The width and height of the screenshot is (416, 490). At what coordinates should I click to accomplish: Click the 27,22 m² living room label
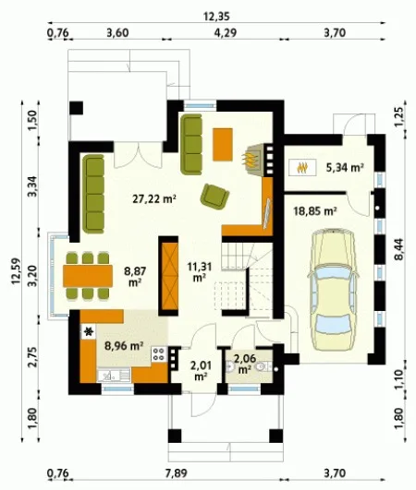click(154, 198)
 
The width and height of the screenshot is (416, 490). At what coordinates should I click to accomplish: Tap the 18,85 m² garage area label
click(315, 211)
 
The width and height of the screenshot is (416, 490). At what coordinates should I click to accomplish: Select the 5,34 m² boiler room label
click(345, 168)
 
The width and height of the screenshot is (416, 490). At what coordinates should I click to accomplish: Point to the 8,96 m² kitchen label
click(124, 346)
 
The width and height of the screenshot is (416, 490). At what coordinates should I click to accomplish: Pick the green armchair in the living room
click(215, 197)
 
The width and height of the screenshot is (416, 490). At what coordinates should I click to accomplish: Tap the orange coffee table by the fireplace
click(223, 144)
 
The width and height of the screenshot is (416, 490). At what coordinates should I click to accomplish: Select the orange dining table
click(88, 276)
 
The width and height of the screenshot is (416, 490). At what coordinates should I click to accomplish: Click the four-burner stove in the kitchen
click(159, 354)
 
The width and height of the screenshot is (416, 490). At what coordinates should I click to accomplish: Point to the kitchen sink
click(114, 376)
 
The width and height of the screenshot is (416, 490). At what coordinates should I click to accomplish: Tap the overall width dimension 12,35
click(216, 17)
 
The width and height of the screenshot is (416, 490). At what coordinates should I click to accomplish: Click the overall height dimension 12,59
click(16, 270)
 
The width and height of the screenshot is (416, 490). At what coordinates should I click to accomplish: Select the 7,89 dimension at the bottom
click(177, 472)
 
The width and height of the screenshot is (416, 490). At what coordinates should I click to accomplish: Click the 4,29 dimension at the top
click(226, 32)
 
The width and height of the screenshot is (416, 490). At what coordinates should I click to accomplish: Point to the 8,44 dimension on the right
click(399, 249)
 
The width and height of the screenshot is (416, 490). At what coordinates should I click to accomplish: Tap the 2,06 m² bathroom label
click(245, 364)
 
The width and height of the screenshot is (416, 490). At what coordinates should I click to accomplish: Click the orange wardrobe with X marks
click(169, 275)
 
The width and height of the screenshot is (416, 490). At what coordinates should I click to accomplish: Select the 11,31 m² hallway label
click(200, 272)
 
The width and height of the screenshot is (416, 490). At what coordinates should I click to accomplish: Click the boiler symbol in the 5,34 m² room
click(302, 168)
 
